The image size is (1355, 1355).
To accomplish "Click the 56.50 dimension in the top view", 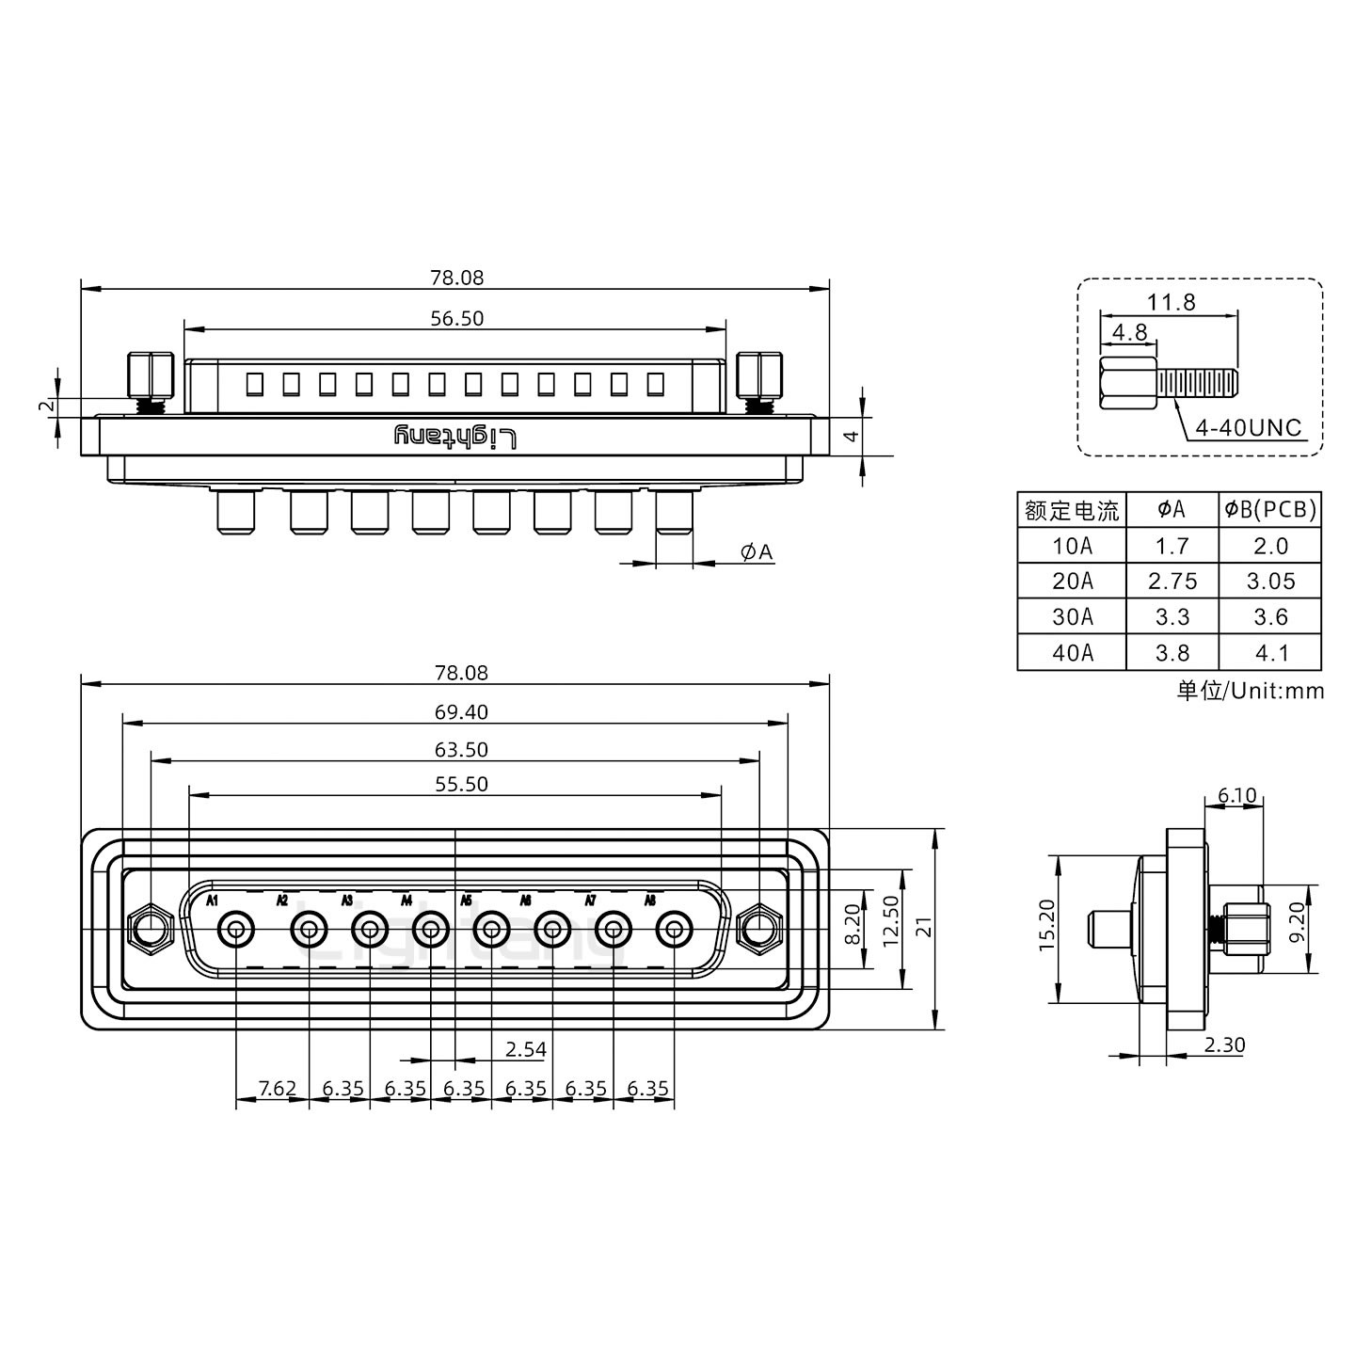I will point(456,319).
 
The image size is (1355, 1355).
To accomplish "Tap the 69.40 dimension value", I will point(461,712).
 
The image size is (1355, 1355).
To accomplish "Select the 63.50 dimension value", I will point(461,750).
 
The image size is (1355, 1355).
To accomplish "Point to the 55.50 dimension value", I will point(461,784).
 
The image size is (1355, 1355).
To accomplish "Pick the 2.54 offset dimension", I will point(525,1048).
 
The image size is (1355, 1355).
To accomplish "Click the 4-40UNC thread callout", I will point(1247,428).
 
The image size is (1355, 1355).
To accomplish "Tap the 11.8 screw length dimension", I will point(1171,302).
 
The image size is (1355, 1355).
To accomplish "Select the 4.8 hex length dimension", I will point(1129,332).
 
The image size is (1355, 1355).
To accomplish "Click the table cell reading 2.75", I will point(1172,582).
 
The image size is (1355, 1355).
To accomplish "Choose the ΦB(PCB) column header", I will point(1270,510).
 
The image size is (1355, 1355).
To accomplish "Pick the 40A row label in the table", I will point(1072,653).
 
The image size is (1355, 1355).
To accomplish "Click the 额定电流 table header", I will point(1072,510).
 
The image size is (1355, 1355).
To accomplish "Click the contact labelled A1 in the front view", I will point(235,931).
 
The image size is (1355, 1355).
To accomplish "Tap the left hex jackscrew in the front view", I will point(149,930).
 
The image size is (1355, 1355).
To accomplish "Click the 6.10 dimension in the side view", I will point(1235,796).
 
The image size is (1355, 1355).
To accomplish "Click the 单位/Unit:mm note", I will point(1250,692).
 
